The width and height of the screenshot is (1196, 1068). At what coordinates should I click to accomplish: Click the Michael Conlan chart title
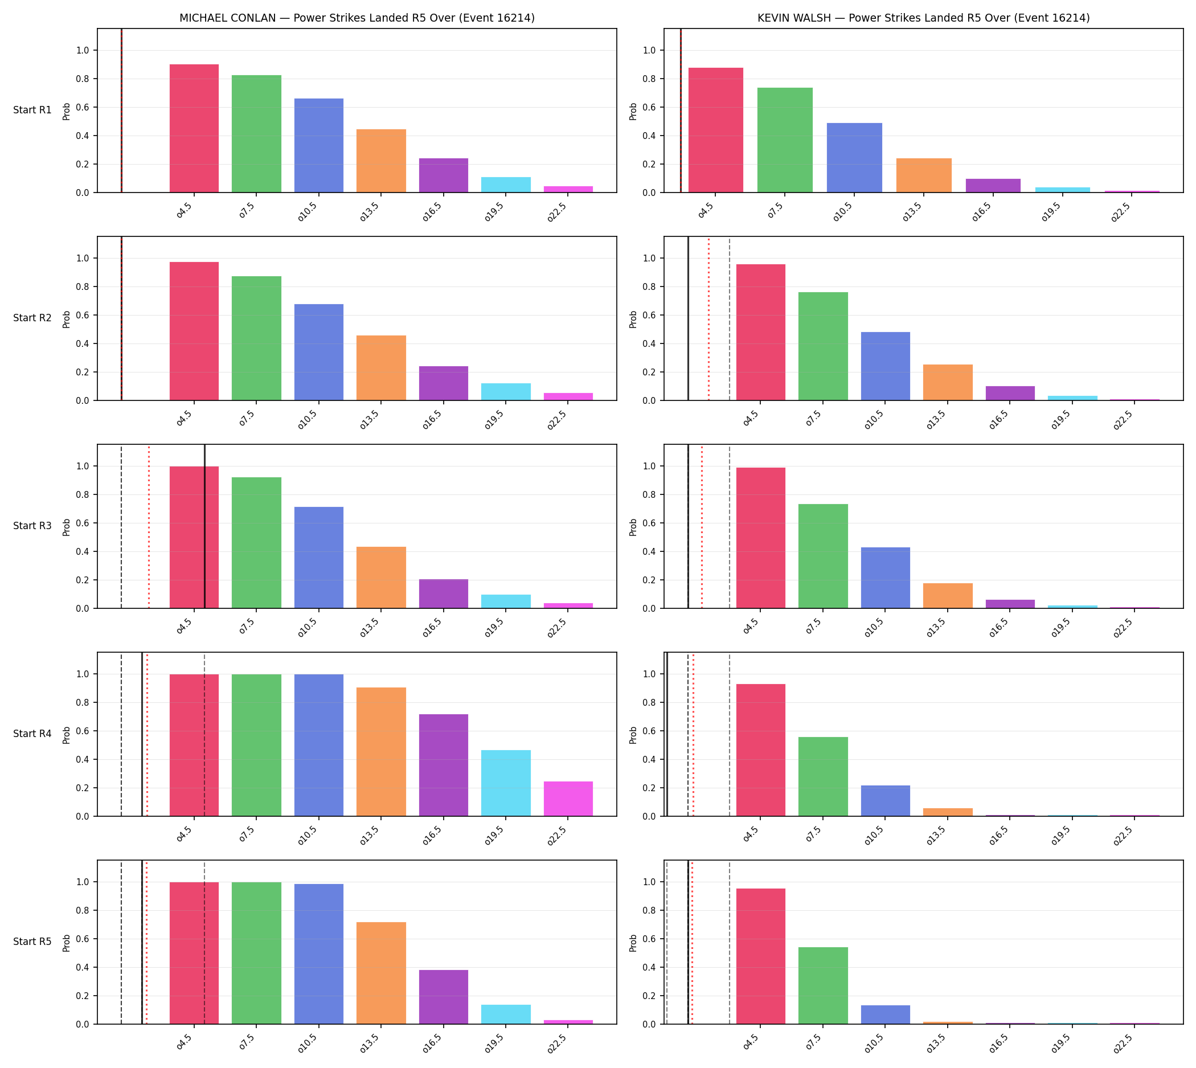pos(357,18)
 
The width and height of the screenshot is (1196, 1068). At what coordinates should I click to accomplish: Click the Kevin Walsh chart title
pos(923,18)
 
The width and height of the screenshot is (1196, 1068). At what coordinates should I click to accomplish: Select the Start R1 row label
pos(32,111)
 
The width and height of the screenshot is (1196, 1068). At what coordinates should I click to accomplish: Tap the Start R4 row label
pos(32,734)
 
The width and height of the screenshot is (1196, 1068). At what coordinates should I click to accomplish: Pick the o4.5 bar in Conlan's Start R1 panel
pos(194,129)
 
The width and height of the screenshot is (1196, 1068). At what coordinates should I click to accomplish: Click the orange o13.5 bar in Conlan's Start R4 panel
pos(381,752)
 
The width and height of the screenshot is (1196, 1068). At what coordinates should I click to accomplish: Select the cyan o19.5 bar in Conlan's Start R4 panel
pos(506,783)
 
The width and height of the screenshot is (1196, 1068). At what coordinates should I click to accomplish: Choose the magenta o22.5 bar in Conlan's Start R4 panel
pos(568,799)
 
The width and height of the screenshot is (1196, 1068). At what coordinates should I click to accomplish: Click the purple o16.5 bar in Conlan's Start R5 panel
pos(444,997)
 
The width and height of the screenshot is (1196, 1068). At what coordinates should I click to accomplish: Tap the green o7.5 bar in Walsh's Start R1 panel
pos(785,140)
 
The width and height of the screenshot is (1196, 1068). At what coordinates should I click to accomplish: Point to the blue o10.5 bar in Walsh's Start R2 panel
pos(885,366)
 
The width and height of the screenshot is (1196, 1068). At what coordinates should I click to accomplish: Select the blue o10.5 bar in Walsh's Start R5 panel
pos(885,1014)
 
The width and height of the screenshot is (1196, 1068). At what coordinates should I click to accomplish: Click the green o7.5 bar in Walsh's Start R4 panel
pos(823,777)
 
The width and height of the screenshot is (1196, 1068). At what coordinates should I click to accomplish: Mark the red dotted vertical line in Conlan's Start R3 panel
pos(149,526)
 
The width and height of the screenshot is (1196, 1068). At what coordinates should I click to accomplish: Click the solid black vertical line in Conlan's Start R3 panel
pos(205,526)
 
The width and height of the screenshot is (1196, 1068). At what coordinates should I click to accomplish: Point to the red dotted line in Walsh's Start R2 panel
pos(708,318)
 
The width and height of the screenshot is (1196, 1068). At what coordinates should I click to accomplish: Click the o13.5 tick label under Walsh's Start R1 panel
pos(912,211)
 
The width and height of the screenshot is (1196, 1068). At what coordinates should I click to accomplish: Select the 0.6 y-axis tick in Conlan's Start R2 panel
pos(83,316)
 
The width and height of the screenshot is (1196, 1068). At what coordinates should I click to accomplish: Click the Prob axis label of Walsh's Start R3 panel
pos(633,527)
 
